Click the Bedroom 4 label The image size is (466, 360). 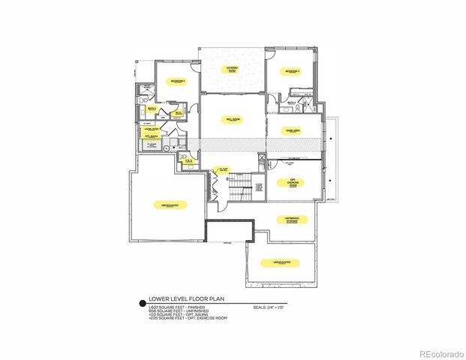[x=177, y=79]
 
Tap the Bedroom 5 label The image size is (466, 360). [x=292, y=71]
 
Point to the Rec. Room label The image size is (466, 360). [x=233, y=119]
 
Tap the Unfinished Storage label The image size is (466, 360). [x=291, y=220]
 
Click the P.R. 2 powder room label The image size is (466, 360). [x=189, y=160]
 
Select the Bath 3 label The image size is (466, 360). [x=152, y=109]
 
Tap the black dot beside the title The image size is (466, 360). [x=141, y=304]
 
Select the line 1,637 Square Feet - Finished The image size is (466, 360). [x=174, y=307]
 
